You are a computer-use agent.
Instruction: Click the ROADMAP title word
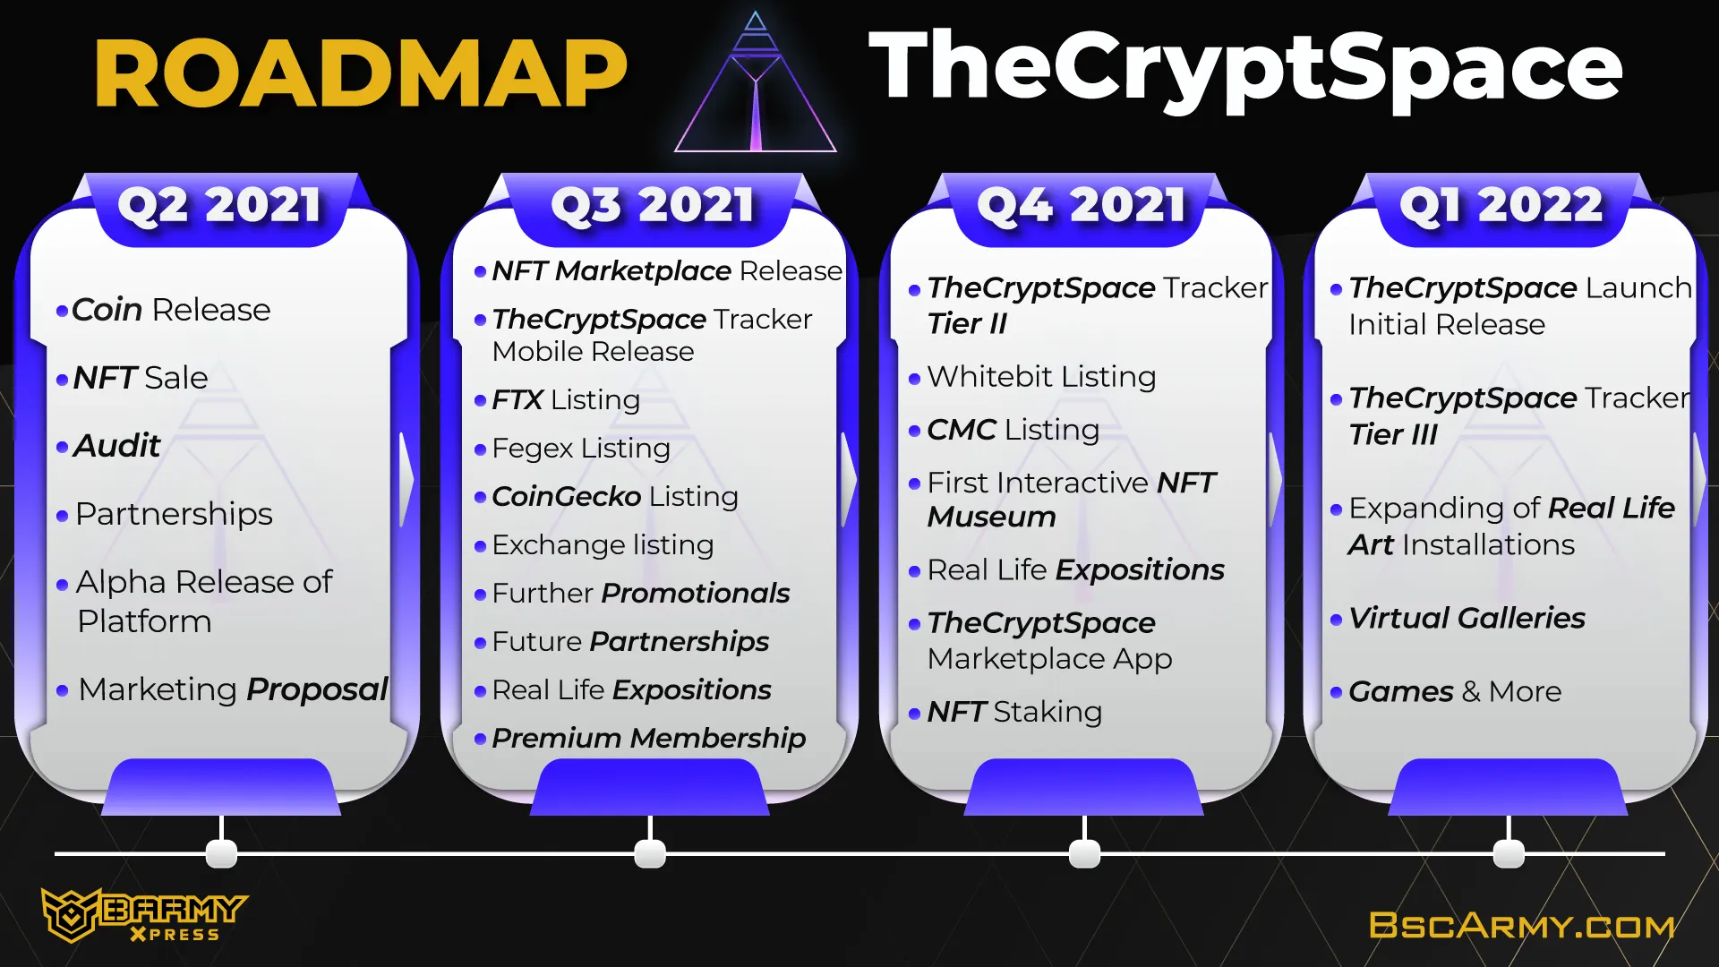[361, 73]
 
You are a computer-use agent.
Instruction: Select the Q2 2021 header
[219, 205]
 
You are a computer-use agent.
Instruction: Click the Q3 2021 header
[653, 205]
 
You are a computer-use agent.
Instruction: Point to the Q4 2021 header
[1082, 205]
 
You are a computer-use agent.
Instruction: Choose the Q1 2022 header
[1501, 205]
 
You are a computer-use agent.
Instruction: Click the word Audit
[116, 445]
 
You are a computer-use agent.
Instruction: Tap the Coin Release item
[171, 310]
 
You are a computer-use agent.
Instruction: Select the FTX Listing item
[566, 399]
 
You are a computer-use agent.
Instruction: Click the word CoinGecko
[566, 496]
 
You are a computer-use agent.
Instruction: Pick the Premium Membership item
[648, 738]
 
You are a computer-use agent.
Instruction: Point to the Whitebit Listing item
[1041, 376]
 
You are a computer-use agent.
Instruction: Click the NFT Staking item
[1014, 712]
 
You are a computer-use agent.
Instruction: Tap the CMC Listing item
[1013, 430]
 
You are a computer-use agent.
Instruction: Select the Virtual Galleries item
[1467, 618]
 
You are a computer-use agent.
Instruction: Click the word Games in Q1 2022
[1400, 691]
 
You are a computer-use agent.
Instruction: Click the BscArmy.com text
[1522, 926]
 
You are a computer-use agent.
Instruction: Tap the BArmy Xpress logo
[144, 915]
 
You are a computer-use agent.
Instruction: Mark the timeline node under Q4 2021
[1084, 853]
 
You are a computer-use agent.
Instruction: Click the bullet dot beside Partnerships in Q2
[62, 516]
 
